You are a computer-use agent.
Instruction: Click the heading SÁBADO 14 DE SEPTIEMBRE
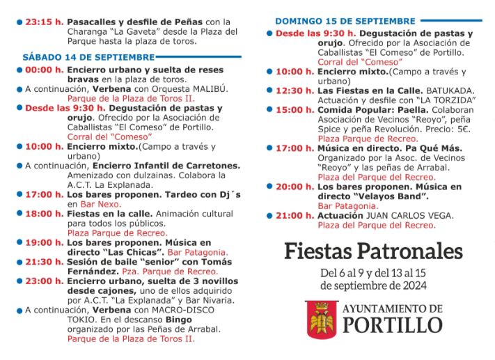coord(88,57)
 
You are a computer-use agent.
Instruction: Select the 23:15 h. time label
coord(44,22)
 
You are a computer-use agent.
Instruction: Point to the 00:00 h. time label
coord(44,70)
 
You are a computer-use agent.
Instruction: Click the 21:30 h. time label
coord(44,261)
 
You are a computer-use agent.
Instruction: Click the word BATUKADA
coord(450,91)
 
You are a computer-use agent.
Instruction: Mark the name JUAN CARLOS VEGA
coord(410,215)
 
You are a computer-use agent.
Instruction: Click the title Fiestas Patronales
coord(373,251)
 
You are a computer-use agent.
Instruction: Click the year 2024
coord(414,285)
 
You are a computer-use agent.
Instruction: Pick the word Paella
coord(410,110)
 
